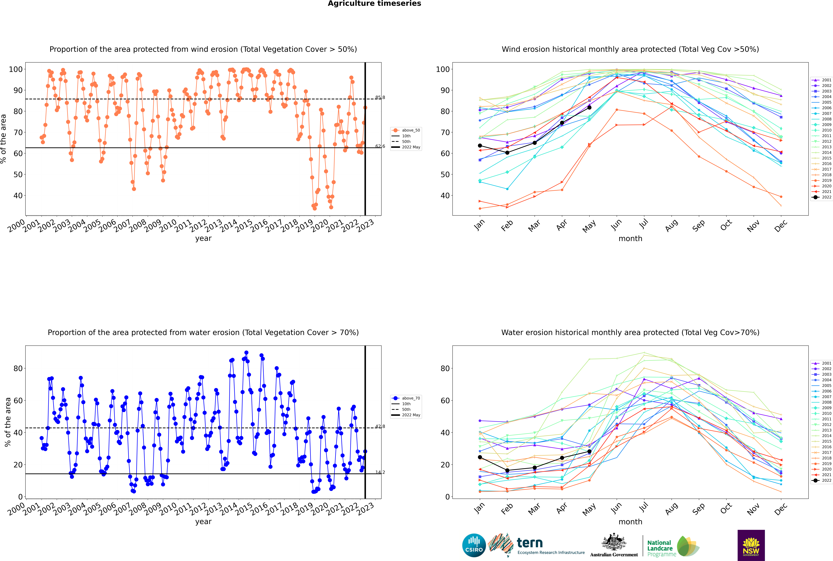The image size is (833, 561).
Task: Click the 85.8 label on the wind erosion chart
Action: [x=380, y=97]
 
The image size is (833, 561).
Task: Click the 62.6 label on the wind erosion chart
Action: [x=380, y=146]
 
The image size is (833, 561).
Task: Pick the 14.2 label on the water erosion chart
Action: [x=380, y=472]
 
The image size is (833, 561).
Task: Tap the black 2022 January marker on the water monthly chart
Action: [x=480, y=457]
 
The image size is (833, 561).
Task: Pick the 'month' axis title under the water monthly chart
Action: [x=630, y=522]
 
